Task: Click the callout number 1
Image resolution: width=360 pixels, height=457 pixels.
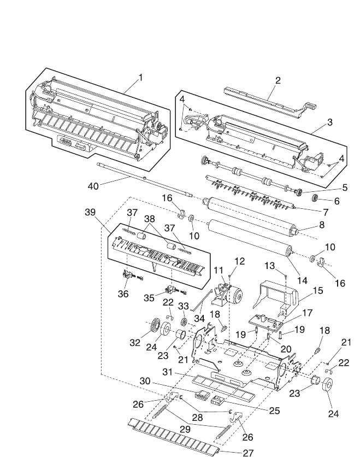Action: pyautogui.click(x=140, y=77)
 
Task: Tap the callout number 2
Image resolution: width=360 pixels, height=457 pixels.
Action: pyautogui.click(x=278, y=80)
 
